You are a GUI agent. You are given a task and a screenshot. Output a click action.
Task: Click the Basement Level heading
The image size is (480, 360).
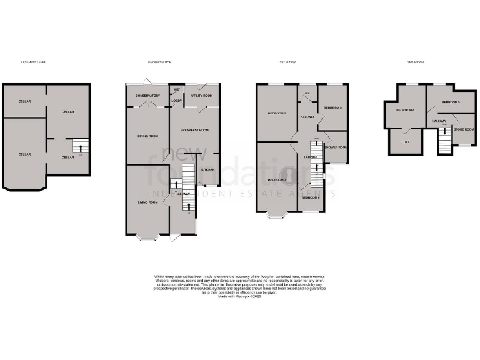pyautogui.click(x=34, y=62)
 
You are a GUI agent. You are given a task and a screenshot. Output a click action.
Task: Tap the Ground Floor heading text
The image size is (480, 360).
pyautogui.click(x=159, y=62)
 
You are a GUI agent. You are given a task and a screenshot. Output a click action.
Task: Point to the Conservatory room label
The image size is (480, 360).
pyautogui.click(x=148, y=96)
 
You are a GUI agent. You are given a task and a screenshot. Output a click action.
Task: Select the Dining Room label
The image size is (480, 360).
pyautogui.click(x=147, y=136)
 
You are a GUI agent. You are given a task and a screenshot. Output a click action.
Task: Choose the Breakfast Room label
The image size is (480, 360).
pyautogui.click(x=194, y=130)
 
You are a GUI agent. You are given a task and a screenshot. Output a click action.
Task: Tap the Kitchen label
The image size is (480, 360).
pyautogui.click(x=207, y=169)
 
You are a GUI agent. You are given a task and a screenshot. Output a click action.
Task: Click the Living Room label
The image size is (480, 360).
pyautogui.click(x=147, y=202)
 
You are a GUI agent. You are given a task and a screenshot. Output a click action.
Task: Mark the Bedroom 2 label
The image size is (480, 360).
pyautogui.click(x=277, y=113)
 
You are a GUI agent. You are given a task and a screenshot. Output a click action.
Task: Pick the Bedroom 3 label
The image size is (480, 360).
pyautogui.click(x=332, y=107)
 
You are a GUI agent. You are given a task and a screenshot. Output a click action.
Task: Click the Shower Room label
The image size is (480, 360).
pyautogui.click(x=336, y=147)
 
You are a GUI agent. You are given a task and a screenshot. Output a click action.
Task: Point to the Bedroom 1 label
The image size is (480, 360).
pyautogui.click(x=277, y=180)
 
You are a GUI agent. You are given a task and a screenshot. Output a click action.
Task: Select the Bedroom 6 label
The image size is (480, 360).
pyautogui.click(x=311, y=197)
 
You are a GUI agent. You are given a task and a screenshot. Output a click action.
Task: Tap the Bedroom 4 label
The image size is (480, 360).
pyautogui.click(x=405, y=110)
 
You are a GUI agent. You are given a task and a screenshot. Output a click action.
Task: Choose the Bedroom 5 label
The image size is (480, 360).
pyautogui.click(x=451, y=101)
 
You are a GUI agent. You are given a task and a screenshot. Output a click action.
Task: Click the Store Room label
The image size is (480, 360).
pyautogui.click(x=464, y=129)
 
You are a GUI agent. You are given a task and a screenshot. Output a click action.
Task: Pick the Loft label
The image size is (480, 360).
pyautogui.click(x=404, y=141)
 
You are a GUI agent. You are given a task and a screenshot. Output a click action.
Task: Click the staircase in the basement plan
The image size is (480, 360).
pyautogui.click(x=79, y=146)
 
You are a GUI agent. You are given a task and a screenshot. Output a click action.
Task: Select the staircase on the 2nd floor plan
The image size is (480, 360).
pyautogui.click(x=444, y=144)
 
